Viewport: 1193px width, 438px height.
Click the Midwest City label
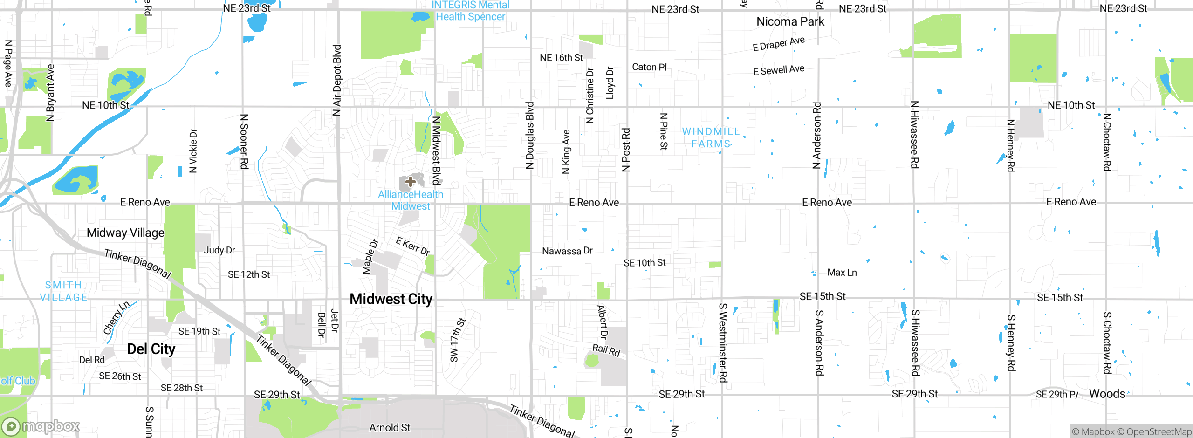click(x=391, y=299)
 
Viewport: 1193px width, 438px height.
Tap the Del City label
click(x=151, y=349)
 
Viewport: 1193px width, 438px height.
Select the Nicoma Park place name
click(x=790, y=21)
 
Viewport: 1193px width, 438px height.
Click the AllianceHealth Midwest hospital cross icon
click(x=410, y=182)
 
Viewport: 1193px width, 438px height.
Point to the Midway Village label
click(x=125, y=233)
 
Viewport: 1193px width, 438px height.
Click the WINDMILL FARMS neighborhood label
click(x=711, y=137)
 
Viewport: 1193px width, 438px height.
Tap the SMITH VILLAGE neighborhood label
click(x=63, y=291)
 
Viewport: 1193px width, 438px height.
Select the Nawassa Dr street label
click(x=567, y=251)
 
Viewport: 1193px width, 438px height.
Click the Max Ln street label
click(x=842, y=273)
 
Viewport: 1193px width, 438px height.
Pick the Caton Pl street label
click(x=649, y=67)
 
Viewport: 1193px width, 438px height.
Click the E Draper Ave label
click(x=778, y=44)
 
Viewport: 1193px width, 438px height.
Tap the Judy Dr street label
click(x=219, y=250)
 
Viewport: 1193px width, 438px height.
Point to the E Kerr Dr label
click(x=412, y=246)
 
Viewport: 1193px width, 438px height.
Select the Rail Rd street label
click(x=606, y=350)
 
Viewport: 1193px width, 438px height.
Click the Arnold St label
click(x=390, y=428)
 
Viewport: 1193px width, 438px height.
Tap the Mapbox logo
click(x=41, y=426)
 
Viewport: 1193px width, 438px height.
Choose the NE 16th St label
click(x=561, y=58)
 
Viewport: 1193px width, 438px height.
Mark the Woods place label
click(x=1107, y=394)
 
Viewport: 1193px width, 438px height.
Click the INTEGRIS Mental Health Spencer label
click(x=470, y=11)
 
